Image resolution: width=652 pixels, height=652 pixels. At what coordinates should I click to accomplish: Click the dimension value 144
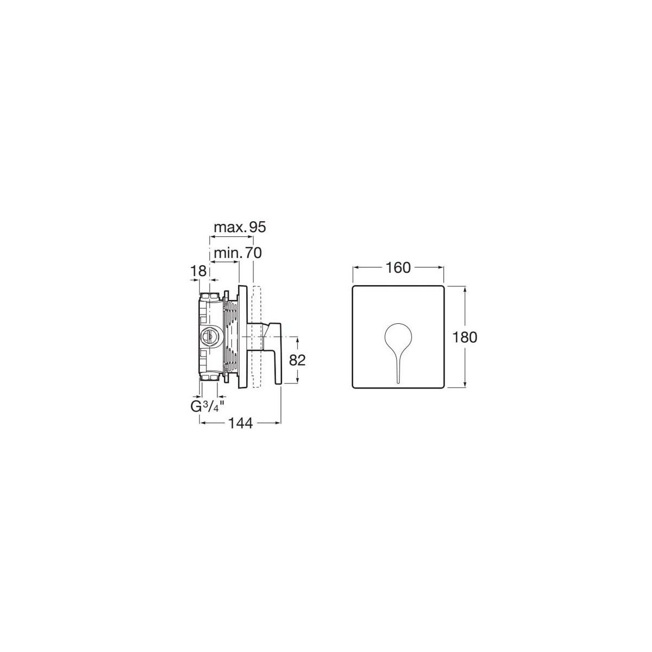pos(241,423)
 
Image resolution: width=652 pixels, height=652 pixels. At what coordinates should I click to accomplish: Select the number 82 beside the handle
pos(297,360)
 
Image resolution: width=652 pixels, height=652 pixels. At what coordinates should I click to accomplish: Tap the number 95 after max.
pos(258,227)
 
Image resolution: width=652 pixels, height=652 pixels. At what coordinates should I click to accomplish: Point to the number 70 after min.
pos(253,253)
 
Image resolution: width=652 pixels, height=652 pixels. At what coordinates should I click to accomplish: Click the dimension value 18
pos(198,271)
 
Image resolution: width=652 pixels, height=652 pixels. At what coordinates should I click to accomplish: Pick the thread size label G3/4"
pos(208,406)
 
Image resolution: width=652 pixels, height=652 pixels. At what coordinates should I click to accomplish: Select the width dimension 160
pos(398,268)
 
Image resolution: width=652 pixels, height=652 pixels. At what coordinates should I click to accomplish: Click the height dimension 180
pos(465,337)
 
